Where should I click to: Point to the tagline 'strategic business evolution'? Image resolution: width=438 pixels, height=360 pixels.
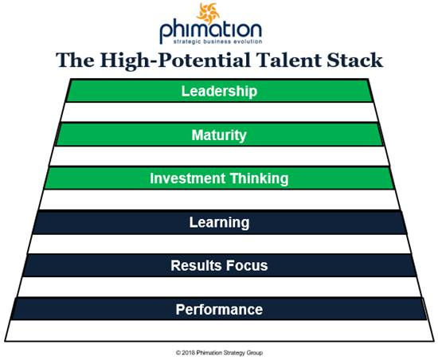[x=219, y=41]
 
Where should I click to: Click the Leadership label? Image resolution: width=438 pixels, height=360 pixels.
[x=219, y=91]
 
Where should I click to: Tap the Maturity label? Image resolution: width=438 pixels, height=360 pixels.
[x=219, y=135]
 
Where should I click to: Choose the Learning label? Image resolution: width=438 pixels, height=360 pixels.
[x=219, y=222]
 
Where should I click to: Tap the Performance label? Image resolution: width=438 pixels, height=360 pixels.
[x=219, y=309]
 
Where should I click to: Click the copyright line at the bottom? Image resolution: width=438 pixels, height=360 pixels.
[x=219, y=350]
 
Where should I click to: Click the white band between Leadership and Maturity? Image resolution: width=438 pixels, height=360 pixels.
[x=219, y=112]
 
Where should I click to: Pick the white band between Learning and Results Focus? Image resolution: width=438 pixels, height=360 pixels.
[x=219, y=244]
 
